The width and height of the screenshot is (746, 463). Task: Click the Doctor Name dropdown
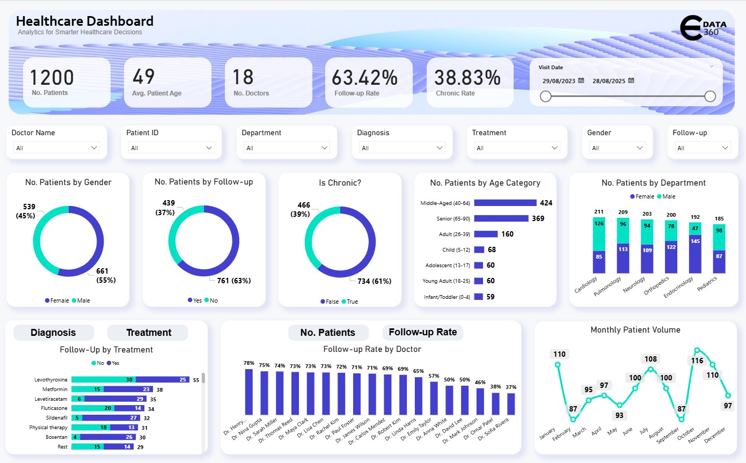[56, 148]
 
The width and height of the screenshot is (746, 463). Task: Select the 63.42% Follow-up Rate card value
[364, 78]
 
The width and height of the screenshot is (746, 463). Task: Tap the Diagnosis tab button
[53, 333]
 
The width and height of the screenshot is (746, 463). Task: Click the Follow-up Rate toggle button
[422, 332]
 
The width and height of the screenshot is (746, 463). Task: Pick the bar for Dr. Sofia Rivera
[511, 403]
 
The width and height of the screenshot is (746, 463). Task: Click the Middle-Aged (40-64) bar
[505, 203]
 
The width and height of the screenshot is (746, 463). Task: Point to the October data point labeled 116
[697, 350]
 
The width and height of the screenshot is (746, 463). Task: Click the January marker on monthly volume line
[558, 364]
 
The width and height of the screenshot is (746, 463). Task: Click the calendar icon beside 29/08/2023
[581, 80]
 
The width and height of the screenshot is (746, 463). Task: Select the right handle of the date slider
[710, 96]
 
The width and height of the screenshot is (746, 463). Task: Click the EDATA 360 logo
[706, 28]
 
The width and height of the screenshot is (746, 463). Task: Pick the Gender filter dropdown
[617, 148]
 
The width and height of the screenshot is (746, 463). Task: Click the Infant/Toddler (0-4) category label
[445, 297]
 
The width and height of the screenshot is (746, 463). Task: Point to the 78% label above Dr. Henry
[248, 363]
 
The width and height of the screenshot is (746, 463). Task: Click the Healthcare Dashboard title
[85, 21]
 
